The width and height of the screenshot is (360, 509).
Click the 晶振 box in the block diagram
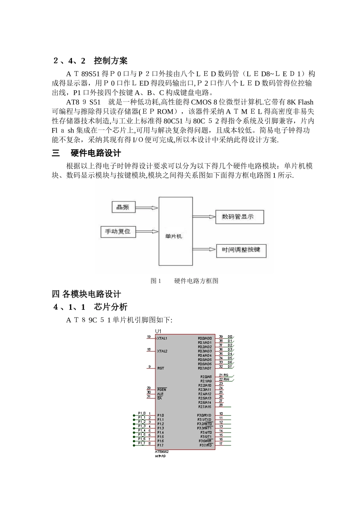(x=124, y=207)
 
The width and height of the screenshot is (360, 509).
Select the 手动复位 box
(x=118, y=231)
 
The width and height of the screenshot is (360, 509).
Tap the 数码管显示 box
(x=239, y=217)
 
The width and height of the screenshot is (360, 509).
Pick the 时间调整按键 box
(x=241, y=250)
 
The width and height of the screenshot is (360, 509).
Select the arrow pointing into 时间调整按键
(x=205, y=250)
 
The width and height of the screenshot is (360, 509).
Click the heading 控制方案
(x=111, y=61)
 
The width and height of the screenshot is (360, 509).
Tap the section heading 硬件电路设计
(x=96, y=153)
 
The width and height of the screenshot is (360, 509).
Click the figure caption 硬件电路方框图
(x=196, y=281)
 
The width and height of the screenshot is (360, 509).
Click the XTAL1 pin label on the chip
(x=162, y=338)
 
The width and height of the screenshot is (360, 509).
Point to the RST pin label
(x=161, y=368)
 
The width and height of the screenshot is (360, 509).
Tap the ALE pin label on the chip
(x=160, y=394)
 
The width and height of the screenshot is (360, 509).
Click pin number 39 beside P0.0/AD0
(x=221, y=337)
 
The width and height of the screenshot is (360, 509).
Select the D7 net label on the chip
(x=230, y=367)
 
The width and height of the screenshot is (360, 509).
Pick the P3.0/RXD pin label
(x=205, y=415)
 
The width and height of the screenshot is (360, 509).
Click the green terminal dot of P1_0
(x=134, y=415)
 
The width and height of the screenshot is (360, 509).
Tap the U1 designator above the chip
(x=158, y=331)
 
